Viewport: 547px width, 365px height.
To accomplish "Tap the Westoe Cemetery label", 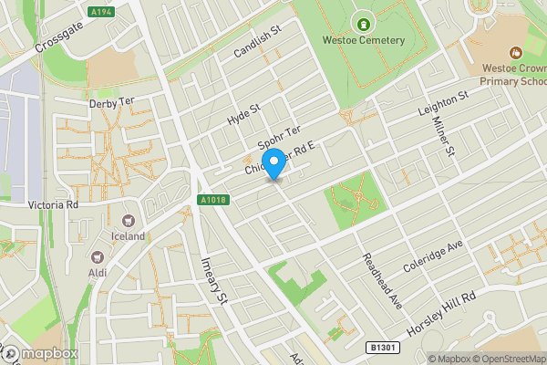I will tap(363, 40).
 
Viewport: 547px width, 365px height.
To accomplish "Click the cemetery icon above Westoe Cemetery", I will tap(363, 23).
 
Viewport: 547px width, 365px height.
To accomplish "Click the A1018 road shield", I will tap(212, 199).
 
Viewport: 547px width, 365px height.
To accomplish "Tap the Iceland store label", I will tap(128, 236).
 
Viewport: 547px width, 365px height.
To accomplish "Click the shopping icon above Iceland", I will tap(128, 220).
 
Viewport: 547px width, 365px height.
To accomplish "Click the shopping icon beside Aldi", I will tap(98, 256).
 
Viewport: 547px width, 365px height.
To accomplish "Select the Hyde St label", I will tap(243, 114).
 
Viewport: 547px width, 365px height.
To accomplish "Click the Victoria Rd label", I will tap(54, 205).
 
